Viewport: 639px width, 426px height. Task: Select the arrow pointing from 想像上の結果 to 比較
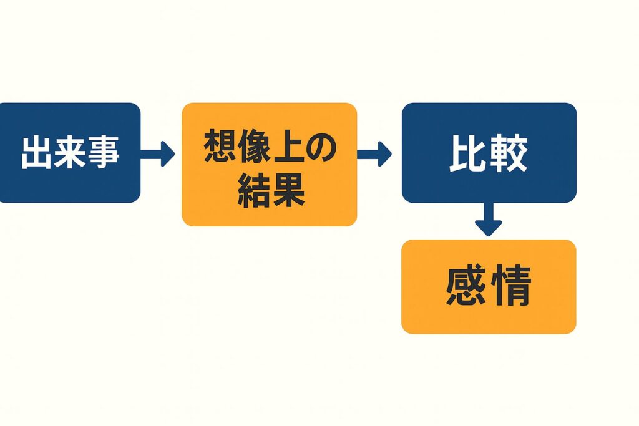point(374,153)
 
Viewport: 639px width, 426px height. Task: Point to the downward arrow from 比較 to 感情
point(488,220)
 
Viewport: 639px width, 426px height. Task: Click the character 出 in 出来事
point(37,153)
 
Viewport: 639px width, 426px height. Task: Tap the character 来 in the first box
point(70,153)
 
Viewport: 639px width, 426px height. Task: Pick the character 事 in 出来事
point(102,153)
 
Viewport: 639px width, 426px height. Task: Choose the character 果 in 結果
point(286,190)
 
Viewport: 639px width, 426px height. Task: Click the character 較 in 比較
point(509,153)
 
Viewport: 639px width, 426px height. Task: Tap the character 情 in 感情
point(510,287)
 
